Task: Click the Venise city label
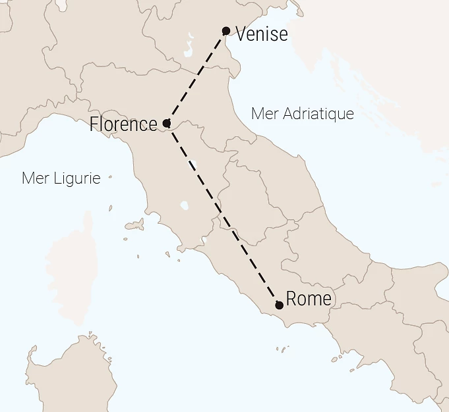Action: [262, 34]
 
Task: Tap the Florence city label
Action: [123, 124]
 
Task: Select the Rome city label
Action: [309, 299]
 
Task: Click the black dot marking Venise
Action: [226, 31]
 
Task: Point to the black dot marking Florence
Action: [166, 123]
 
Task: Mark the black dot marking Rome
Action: [280, 305]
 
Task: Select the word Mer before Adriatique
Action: [264, 114]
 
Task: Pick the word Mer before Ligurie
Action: [34, 178]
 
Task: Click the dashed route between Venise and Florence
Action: [196, 77]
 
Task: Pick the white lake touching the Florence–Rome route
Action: [193, 163]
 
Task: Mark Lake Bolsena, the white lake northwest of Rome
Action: [183, 205]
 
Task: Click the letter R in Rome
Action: [292, 299]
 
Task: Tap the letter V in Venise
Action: [241, 34]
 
